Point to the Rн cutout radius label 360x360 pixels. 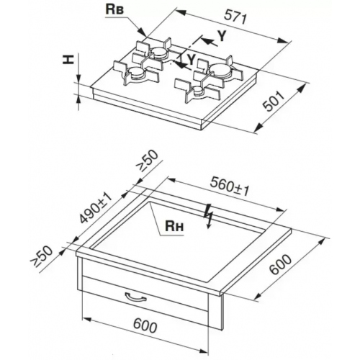pos(174,226)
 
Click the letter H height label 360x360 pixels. pos(68,59)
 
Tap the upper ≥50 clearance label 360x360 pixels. pos(148,161)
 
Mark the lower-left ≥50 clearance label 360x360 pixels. pos(41,258)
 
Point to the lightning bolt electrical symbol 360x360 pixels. pos(207,217)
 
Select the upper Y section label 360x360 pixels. pos(222,36)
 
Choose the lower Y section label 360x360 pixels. pos(191,59)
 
